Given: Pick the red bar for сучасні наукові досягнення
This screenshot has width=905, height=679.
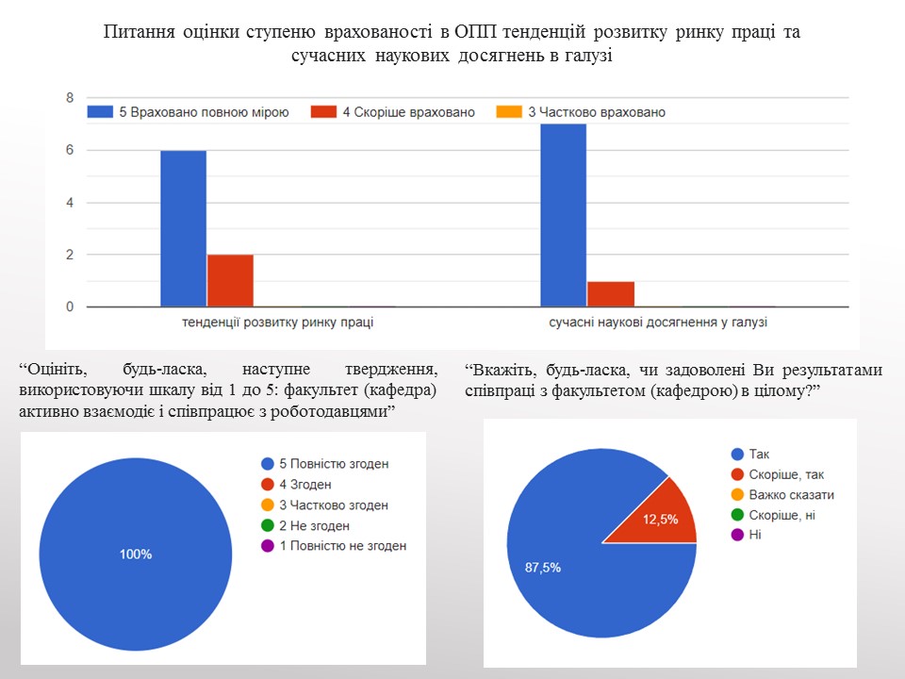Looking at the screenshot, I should click(610, 293).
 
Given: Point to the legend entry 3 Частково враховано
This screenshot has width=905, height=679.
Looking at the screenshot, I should click(586, 112).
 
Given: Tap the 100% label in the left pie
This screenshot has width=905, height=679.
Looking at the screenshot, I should click(136, 555).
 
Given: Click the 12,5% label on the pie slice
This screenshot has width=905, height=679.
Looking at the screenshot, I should click(661, 518).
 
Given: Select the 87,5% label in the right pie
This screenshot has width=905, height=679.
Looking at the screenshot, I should click(544, 567).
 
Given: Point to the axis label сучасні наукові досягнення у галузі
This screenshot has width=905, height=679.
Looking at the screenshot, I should click(658, 323).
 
